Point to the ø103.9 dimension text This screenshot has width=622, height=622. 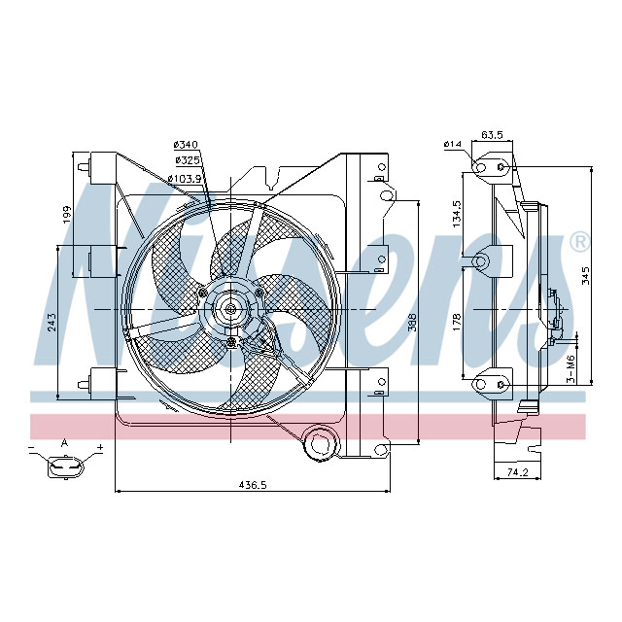click(x=184, y=178)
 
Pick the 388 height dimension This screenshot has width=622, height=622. click(x=411, y=322)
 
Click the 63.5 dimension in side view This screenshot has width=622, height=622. click(x=492, y=136)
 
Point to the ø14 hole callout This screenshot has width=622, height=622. click(x=452, y=145)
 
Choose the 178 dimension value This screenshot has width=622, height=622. click(x=457, y=322)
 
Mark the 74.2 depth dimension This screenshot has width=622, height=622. click(x=517, y=473)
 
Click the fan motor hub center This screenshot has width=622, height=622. click(x=230, y=309)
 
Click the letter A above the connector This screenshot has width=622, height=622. click(x=65, y=442)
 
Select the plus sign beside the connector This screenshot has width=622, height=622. click(x=99, y=448)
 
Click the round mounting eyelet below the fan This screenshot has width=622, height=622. click(x=318, y=443)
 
